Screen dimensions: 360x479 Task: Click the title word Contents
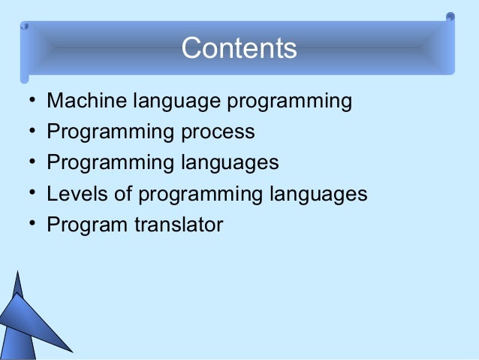pyautogui.click(x=239, y=48)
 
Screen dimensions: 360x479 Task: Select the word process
pyautogui.click(x=217, y=132)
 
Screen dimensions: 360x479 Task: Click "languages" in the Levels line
pyautogui.click(x=319, y=195)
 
